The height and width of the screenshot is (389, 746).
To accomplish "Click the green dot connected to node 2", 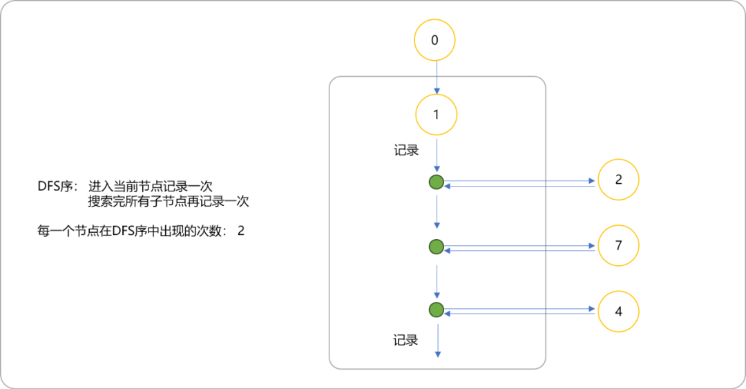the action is pos(437,182).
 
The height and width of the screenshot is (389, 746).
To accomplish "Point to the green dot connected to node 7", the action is pos(437,247).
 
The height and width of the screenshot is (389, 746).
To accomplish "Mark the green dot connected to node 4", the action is pos(437,310).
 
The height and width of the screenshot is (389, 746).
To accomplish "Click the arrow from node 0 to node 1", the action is pos(437,77).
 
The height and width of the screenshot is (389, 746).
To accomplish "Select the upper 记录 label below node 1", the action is pos(406,151).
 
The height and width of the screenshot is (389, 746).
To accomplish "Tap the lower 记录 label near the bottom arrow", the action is pos(405,340).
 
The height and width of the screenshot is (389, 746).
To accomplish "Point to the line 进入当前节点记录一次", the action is pos(151,186).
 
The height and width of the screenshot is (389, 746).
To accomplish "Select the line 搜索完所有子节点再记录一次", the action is pos(169,201).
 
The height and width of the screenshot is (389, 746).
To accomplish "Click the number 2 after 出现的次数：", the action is pos(241,231).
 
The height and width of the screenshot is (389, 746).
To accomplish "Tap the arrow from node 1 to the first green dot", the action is pos(437,155).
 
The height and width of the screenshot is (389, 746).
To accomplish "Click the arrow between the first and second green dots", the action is pos(437,212).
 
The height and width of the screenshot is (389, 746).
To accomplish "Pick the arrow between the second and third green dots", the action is pos(437,282).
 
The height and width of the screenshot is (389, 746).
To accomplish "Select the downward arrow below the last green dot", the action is pos(438,341).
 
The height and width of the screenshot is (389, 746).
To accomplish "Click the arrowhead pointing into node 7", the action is pos(592,246).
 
